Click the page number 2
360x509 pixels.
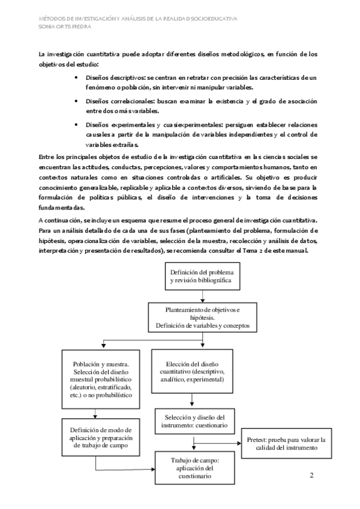(x=311, y=476)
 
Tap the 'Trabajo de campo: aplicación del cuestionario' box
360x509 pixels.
(x=190, y=468)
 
